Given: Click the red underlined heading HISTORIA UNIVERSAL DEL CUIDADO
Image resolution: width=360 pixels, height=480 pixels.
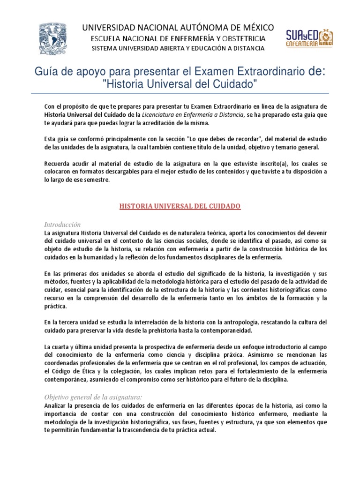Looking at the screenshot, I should (180, 206).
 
